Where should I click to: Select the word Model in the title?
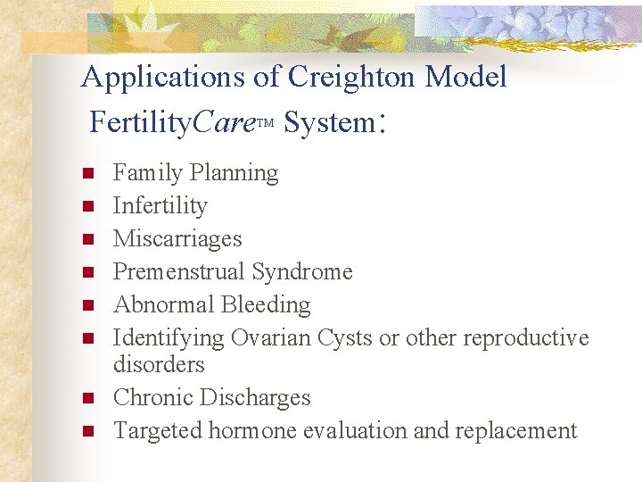tap(465, 78)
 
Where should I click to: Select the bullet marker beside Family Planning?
tap(86, 173)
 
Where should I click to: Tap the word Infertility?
tap(160, 205)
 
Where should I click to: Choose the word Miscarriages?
tap(177, 238)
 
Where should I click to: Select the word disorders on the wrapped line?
tap(159, 364)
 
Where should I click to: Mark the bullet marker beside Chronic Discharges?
tap(86, 398)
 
